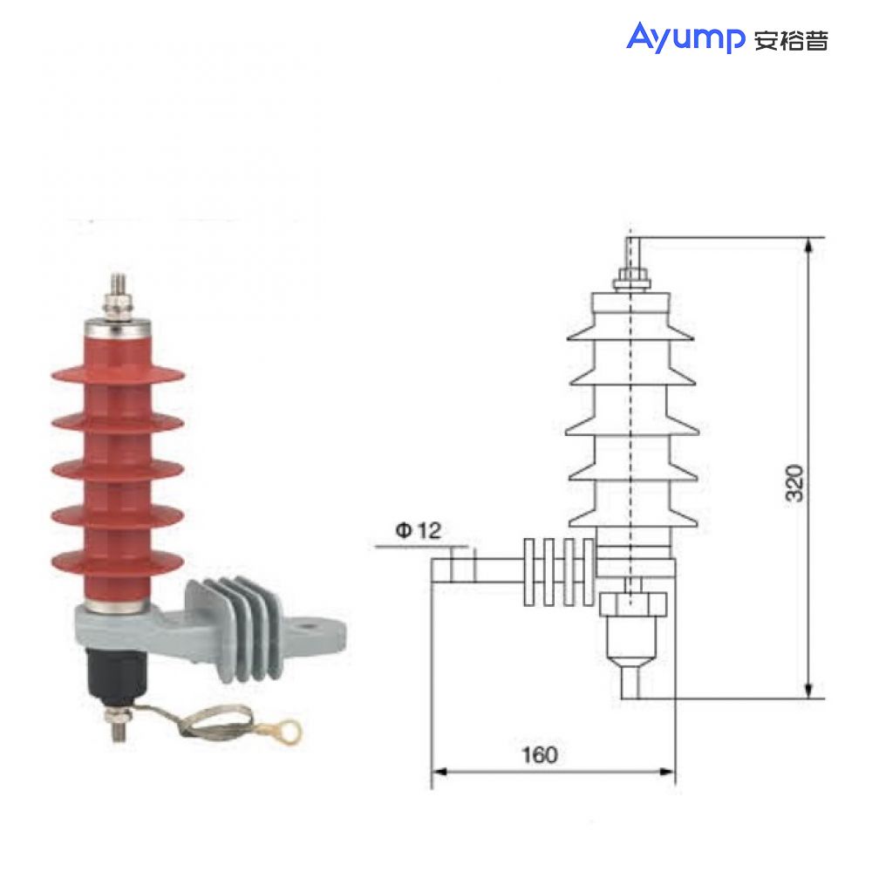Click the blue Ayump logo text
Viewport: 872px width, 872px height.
pos(684,37)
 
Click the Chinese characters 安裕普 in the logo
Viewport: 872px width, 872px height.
pos(790,40)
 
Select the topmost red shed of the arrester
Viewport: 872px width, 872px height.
pos(119,375)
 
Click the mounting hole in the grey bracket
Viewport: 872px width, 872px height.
pos(307,624)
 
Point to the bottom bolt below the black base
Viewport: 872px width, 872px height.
pos(117,724)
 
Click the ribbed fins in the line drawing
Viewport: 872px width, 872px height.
pos(558,572)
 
